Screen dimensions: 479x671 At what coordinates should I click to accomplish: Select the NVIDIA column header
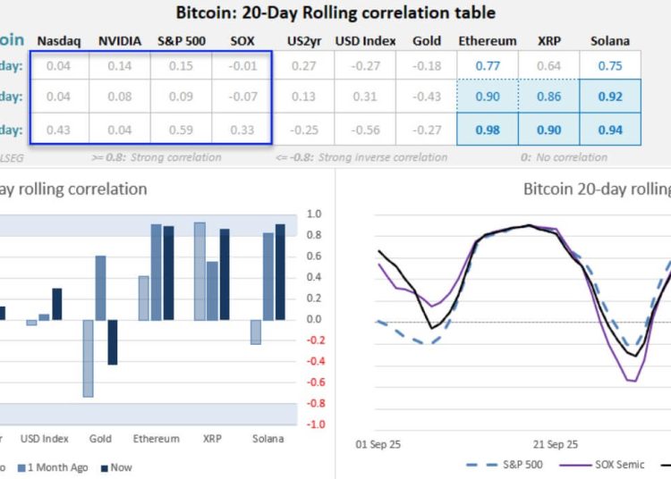tap(118, 41)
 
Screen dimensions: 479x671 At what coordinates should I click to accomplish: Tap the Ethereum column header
tap(488, 41)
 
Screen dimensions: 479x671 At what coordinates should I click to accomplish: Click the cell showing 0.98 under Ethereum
tap(488, 129)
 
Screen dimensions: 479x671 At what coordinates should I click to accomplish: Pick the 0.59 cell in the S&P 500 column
tap(182, 129)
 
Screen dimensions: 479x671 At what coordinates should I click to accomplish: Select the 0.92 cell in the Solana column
tap(609, 97)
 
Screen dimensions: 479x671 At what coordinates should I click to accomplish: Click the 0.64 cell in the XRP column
tap(548, 65)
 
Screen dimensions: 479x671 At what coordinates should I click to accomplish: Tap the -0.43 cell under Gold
tap(428, 97)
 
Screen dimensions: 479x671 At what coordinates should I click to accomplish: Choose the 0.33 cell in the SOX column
tap(242, 129)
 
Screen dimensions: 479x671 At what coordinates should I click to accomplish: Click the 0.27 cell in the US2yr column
tap(303, 65)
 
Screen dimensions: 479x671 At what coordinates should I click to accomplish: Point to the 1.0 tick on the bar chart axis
tap(314, 214)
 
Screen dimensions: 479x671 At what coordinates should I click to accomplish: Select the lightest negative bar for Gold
tap(89, 358)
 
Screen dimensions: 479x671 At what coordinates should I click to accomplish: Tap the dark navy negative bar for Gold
tap(113, 342)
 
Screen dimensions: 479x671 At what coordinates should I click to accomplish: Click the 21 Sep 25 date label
tap(555, 444)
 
